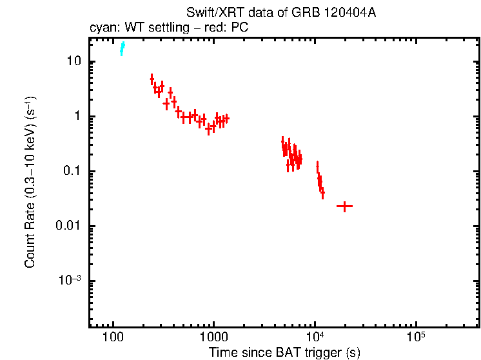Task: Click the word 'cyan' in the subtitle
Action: click(101, 28)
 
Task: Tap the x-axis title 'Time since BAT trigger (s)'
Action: click(284, 352)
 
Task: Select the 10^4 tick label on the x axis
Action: click(315, 337)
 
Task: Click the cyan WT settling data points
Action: click(122, 49)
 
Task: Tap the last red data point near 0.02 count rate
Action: click(344, 206)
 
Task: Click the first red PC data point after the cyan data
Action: click(152, 79)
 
